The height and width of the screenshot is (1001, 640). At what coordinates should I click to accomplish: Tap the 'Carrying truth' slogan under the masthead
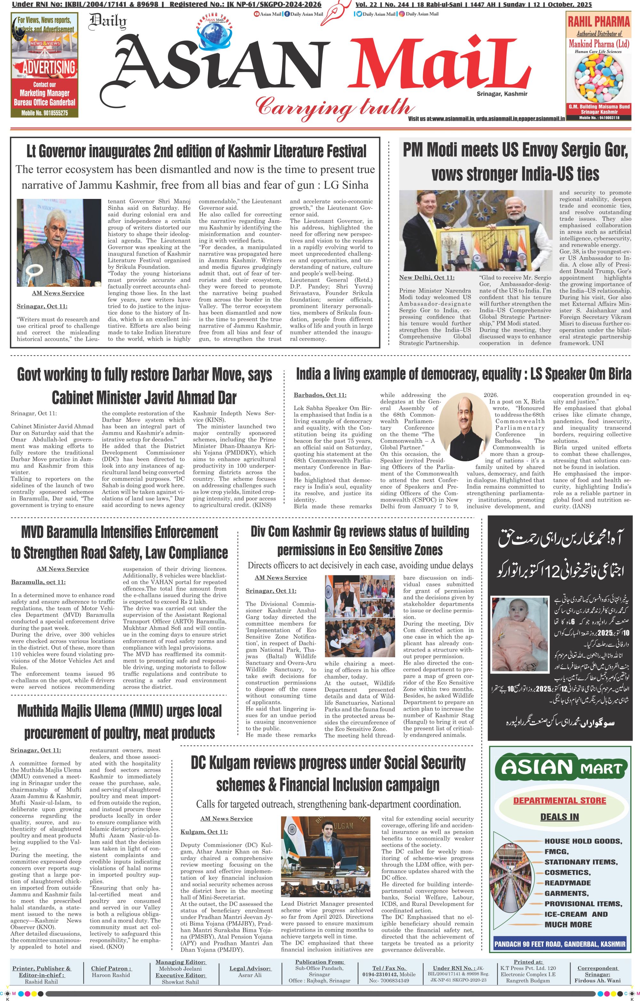(x=334, y=106)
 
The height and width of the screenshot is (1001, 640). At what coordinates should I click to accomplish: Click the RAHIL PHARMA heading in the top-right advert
(x=599, y=22)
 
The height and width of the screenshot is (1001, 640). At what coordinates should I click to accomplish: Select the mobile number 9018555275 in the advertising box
(x=44, y=113)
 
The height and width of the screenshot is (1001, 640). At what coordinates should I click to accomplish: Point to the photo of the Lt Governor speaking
(x=58, y=242)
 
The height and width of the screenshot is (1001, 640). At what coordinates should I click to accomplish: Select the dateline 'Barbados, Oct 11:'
(x=320, y=395)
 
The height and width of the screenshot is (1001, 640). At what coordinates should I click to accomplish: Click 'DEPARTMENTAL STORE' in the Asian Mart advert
(x=559, y=800)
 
